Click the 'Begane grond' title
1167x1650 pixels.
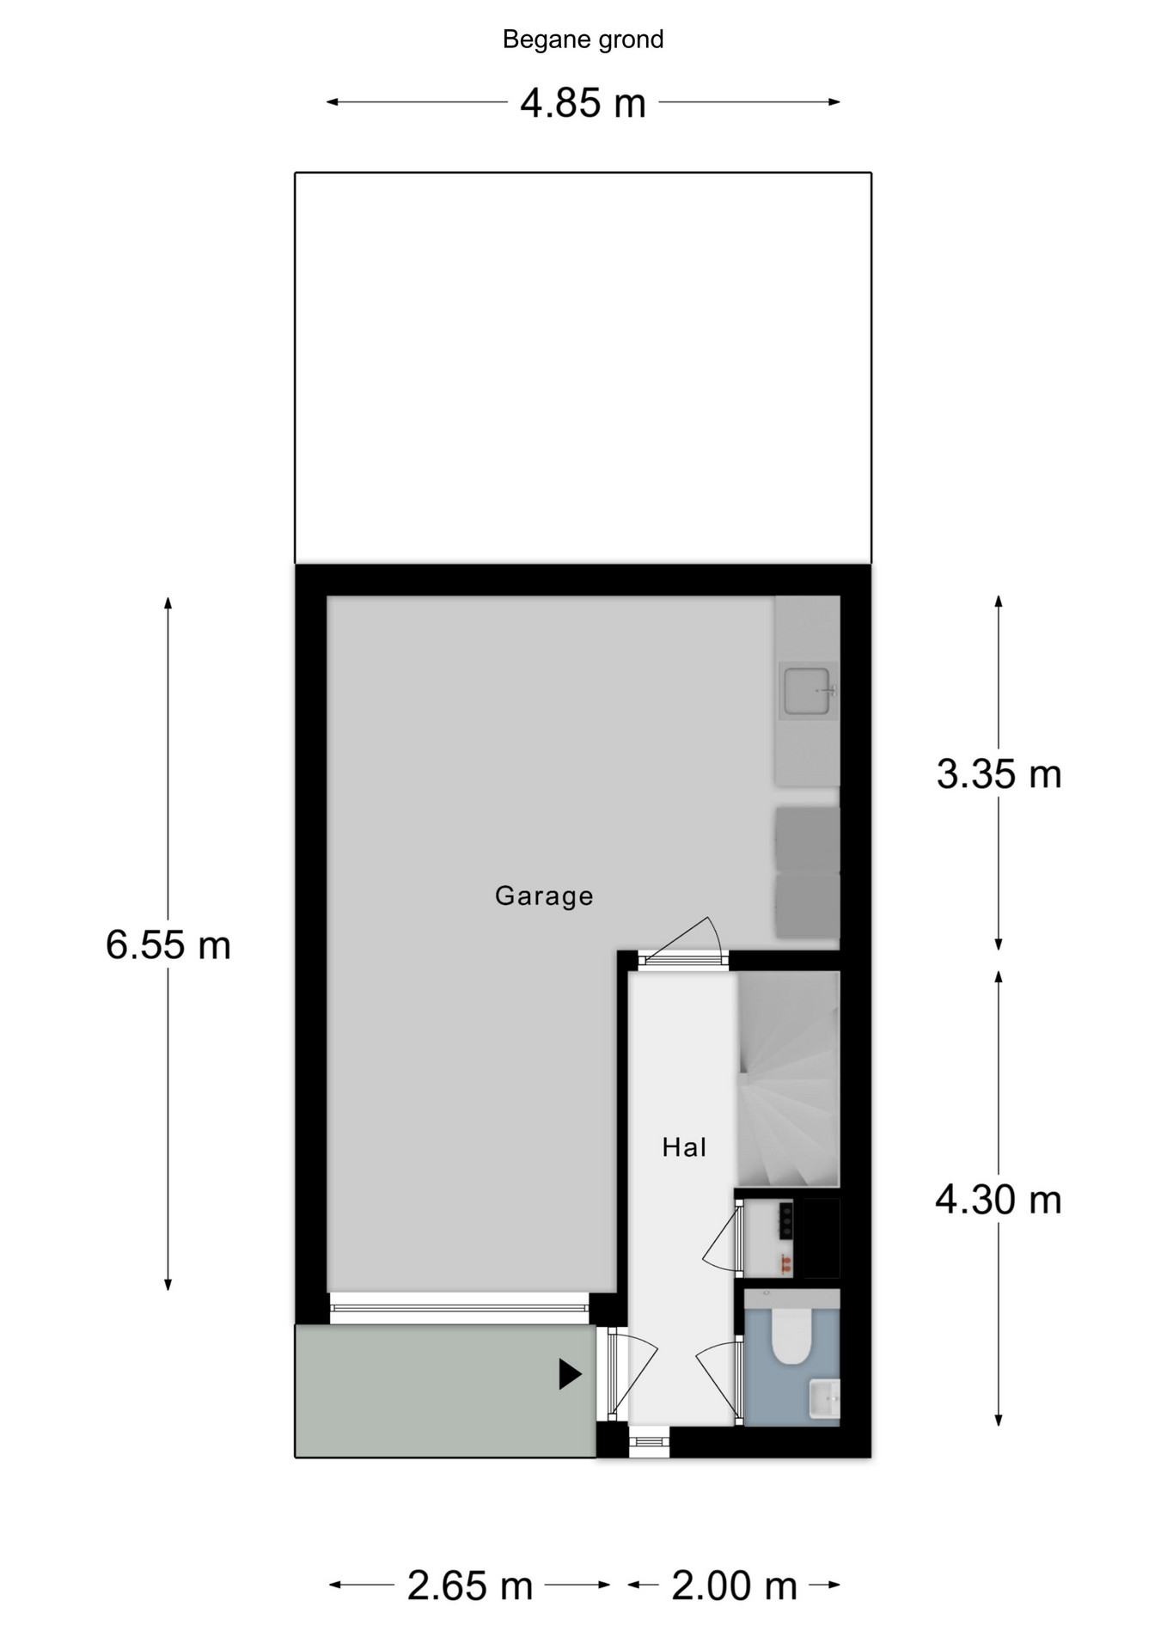(583, 40)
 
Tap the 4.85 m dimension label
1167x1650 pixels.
(583, 103)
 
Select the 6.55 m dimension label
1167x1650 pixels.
(168, 944)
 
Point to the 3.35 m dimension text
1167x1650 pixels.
(999, 773)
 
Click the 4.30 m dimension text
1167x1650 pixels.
(999, 1199)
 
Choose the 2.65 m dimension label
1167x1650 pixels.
(470, 1586)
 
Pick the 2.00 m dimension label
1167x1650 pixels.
(734, 1586)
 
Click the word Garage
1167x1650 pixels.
(544, 895)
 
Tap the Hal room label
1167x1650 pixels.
(684, 1146)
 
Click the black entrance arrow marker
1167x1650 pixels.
(569, 1373)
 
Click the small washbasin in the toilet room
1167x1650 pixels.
(824, 1398)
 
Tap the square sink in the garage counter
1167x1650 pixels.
(807, 691)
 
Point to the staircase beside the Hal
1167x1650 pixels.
(788, 1079)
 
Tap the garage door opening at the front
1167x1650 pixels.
(459, 1308)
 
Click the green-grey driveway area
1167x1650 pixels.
(445, 1390)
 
